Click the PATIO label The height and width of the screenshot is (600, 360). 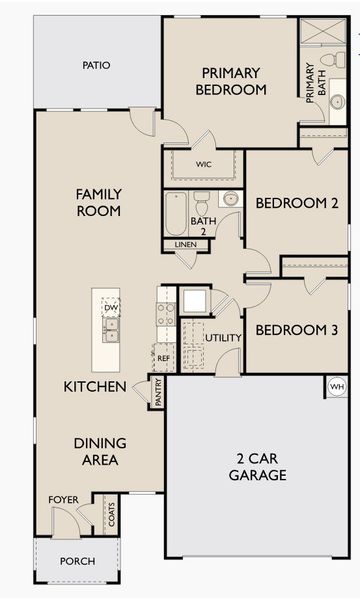point(97,66)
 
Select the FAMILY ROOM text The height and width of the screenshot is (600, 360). point(98,202)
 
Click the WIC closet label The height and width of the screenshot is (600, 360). point(203,164)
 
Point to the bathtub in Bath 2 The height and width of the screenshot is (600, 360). point(176,213)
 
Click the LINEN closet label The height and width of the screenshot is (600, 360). point(185,245)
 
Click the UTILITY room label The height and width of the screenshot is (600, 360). point(223,338)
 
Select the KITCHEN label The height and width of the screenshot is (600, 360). point(95,386)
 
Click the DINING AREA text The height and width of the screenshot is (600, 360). point(97,451)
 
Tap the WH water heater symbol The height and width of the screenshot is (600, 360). point(337,386)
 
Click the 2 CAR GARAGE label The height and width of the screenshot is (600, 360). point(257,466)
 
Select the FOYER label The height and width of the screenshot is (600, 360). point(63,500)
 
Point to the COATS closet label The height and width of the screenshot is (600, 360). point(111,515)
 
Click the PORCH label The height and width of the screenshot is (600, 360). point(77,561)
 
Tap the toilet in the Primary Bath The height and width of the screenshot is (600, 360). point(327,61)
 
